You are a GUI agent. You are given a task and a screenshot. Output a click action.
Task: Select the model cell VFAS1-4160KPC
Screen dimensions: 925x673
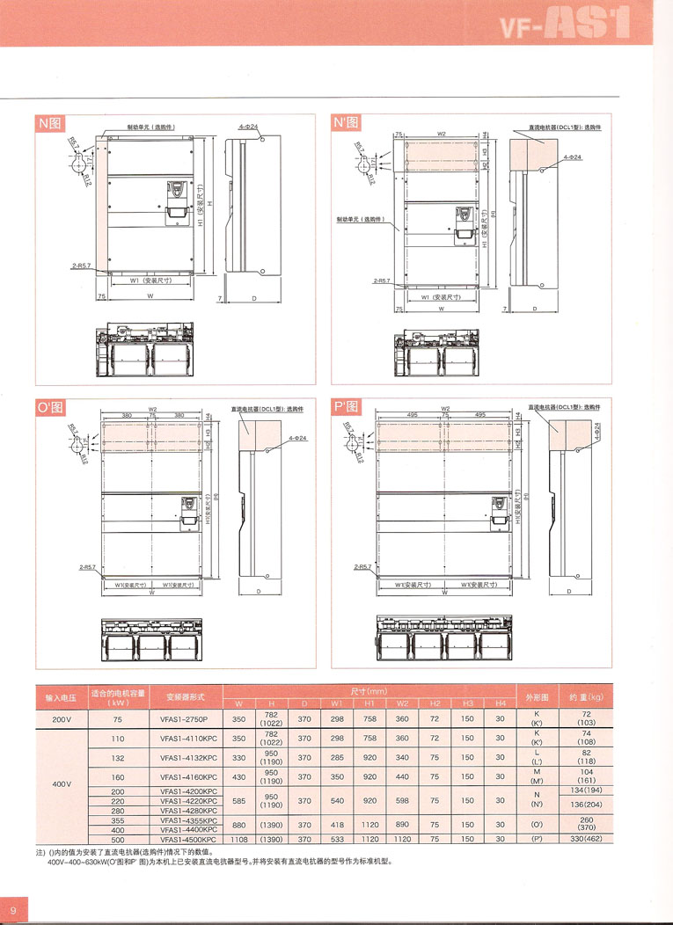tap(183, 776)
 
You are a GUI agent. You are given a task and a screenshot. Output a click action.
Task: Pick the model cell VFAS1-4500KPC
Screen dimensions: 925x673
tap(183, 839)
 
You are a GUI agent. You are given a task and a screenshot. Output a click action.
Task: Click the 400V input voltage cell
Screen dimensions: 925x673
tap(62, 783)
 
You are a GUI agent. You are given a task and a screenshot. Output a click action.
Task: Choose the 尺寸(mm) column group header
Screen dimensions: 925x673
tap(369, 691)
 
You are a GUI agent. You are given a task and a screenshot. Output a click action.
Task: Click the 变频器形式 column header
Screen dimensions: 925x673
tap(183, 696)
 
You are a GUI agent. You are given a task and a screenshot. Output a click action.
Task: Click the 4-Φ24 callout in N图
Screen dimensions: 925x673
tap(248, 127)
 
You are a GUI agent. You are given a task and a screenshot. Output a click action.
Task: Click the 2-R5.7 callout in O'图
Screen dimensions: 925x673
tap(85, 567)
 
